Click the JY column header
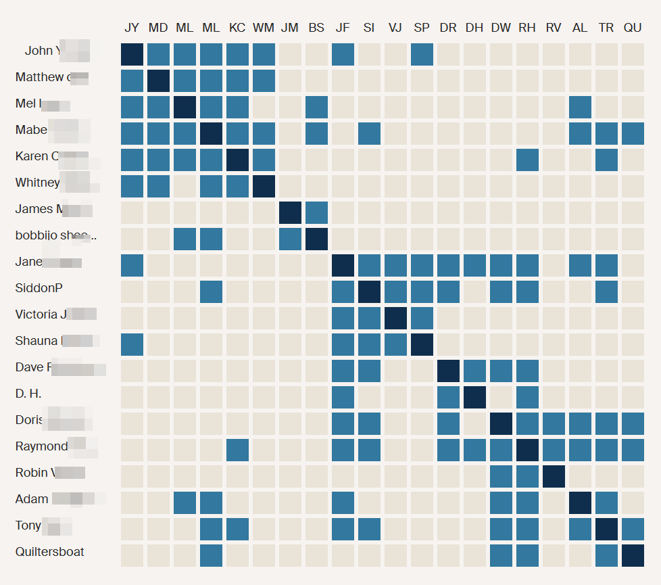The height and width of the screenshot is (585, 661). coord(132,28)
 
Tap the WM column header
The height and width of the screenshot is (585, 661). coord(264,28)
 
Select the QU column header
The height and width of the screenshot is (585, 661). coord(633,28)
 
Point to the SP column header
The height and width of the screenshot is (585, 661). coord(422,28)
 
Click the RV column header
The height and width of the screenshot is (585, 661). coord(554,28)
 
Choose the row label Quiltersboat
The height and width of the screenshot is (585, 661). coord(50,552)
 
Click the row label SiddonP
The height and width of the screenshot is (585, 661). coord(39,288)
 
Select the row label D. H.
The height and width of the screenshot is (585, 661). coord(28,394)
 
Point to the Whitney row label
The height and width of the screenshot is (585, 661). coord(38,183)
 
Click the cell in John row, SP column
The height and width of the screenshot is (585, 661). coord(422,54)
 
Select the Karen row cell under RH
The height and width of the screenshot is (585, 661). coord(527,160)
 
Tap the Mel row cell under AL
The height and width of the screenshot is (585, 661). coord(580,107)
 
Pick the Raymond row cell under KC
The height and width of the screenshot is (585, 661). coord(237,450)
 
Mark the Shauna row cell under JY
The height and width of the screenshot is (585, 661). coord(132,344)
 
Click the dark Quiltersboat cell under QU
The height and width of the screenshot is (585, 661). coord(633,555)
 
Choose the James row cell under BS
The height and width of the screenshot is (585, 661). coord(316,212)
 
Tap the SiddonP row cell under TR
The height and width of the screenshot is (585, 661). coord(606,291)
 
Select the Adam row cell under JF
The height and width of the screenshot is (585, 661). coord(343,502)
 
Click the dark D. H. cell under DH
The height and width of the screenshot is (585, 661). coord(474,397)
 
